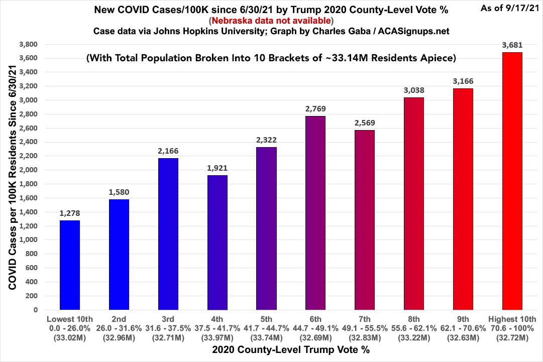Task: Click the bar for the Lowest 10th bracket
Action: (70, 265)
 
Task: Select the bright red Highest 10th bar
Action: (512, 181)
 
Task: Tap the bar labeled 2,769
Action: (315, 213)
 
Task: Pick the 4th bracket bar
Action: (217, 243)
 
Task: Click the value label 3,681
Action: (512, 45)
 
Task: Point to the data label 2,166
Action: (168, 151)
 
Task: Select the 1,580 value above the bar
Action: (119, 192)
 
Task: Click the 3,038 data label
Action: (414, 90)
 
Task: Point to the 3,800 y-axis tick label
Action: (29, 44)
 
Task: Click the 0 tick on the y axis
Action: (36, 310)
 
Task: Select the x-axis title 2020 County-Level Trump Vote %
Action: (291, 349)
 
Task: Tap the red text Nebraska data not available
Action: (271, 21)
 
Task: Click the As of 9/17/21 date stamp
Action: (510, 8)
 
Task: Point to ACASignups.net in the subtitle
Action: (413, 31)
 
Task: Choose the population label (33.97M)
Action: (217, 338)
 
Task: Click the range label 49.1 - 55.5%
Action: (365, 328)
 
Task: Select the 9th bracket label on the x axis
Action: (463, 319)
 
